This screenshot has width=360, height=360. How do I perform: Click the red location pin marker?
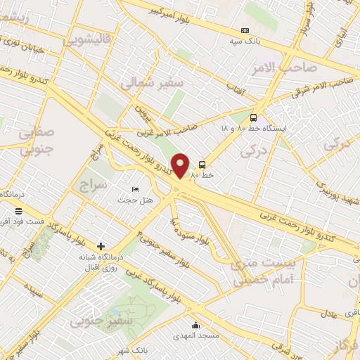pos(181,166)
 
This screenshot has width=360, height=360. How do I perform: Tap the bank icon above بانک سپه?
pos(245,30)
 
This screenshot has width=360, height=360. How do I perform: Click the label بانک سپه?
pos(247,41)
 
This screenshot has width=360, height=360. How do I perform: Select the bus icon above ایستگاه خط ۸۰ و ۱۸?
pos(253,118)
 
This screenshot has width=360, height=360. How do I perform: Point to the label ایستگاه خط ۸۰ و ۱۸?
pos(253,129)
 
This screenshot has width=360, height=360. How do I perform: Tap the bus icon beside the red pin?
pos(202,164)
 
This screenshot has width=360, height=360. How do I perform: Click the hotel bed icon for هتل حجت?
pos(136,190)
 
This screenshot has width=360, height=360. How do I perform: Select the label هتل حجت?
pos(129,200)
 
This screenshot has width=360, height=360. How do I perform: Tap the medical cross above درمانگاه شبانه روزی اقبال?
pos(101,246)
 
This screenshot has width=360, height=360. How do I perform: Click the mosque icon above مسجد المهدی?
pos(195,325)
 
